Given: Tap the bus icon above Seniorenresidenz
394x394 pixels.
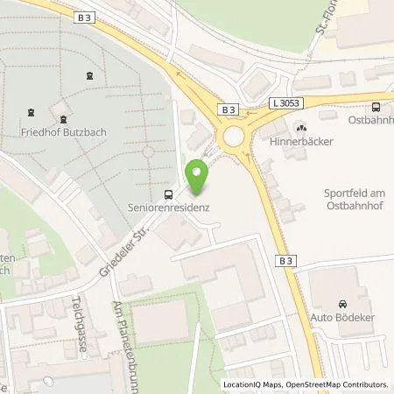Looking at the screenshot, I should [x=168, y=194].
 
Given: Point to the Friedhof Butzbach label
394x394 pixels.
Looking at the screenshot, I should [x=60, y=135].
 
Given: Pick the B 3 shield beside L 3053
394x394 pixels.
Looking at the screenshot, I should [x=229, y=109].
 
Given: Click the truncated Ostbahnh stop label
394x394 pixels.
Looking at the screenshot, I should [x=371, y=120].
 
